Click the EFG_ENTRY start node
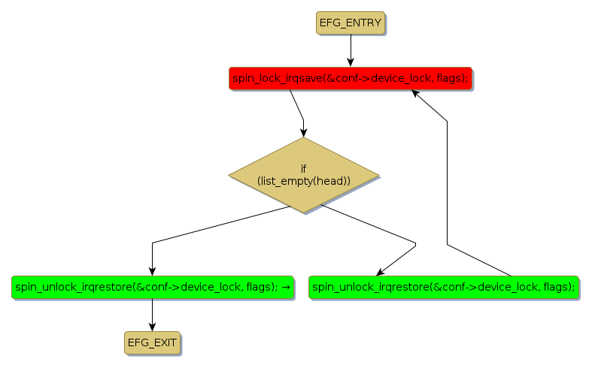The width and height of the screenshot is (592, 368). pos(350,23)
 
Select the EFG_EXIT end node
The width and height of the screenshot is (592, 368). pos(152,342)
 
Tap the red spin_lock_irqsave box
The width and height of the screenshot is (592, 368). pos(350,78)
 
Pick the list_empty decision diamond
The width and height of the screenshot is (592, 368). pos(304,175)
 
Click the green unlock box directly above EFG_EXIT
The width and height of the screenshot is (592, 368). pos(152,287)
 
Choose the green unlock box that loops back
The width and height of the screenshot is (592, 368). pos(444,287)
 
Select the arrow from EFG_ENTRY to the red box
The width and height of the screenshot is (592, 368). pos(350,50)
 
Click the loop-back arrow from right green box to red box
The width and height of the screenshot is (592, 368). pos(448,188)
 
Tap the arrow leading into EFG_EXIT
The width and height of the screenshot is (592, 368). pos(152,314)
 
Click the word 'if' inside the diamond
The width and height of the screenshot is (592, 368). pos(304,168)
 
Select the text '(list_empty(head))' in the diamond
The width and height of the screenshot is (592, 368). pos(304,181)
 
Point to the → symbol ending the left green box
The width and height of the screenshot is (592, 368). pos(287,287)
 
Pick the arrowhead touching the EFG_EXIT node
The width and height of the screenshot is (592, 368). pos(152,326)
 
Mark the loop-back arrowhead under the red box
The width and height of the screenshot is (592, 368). pos(414,93)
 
